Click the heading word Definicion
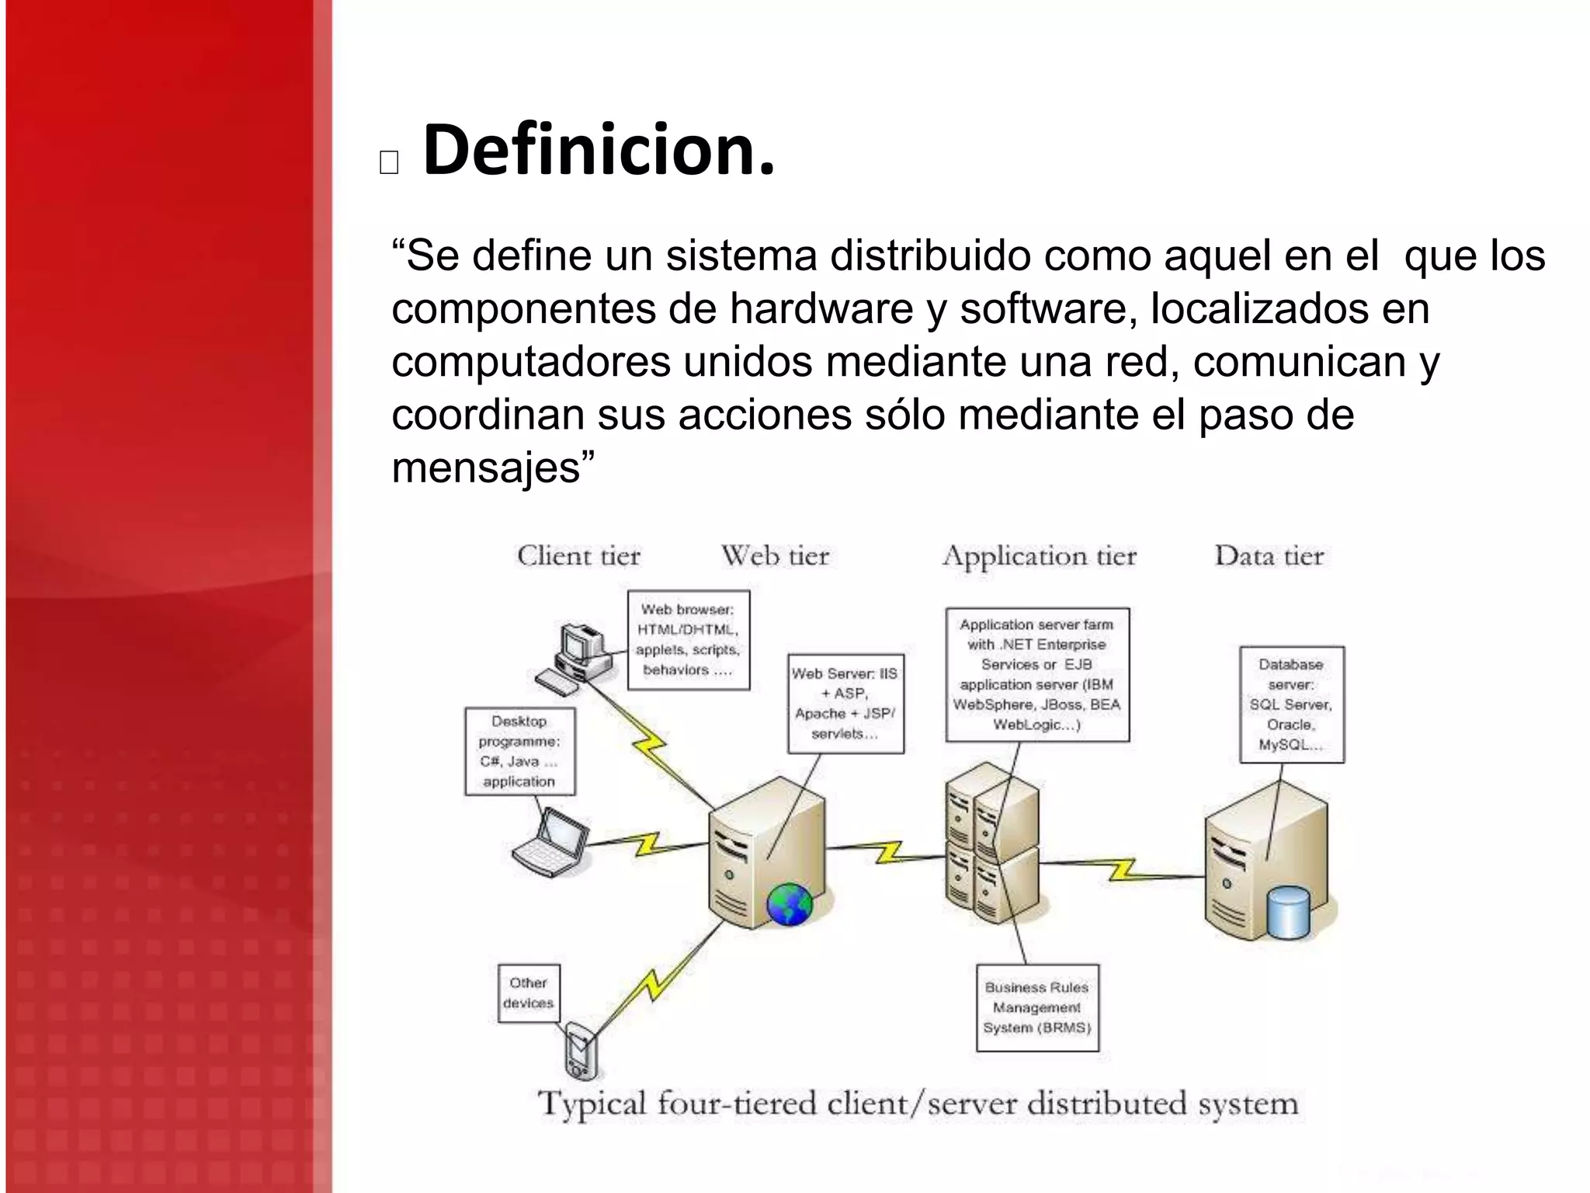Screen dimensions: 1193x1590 point(598,150)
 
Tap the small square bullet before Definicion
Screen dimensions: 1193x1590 point(389,162)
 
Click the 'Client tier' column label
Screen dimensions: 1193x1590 point(578,556)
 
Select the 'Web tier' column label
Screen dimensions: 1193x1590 point(775,556)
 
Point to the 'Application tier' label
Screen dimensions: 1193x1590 point(1040,556)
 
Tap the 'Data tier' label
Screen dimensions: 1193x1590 point(1269,556)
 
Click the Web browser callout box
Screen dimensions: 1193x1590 point(688,639)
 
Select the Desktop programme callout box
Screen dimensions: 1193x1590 point(519,751)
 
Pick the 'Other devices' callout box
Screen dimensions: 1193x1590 point(528,993)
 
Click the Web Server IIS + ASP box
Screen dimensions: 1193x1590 point(845,703)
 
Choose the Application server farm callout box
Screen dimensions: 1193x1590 point(1036,674)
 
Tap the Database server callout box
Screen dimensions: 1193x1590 point(1291,704)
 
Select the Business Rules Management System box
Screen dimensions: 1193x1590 point(1037,1007)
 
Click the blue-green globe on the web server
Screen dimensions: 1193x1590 point(789,905)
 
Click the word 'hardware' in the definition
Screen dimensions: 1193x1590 point(821,309)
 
